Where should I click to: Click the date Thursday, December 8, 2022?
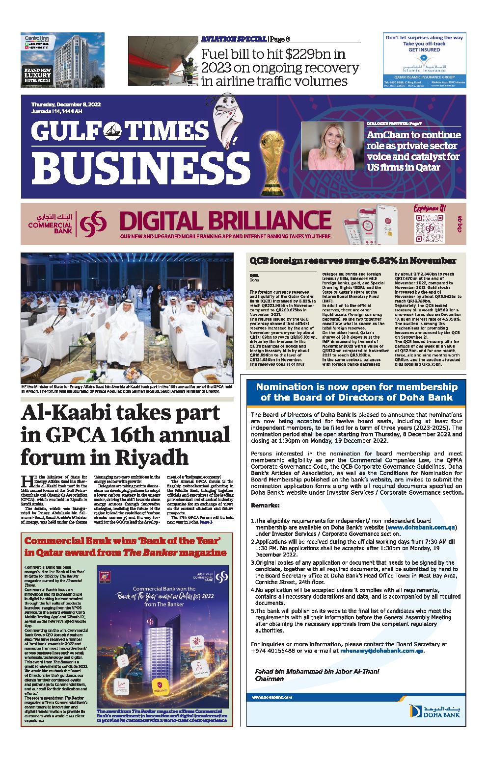click(x=66, y=105)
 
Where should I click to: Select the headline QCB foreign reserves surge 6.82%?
click(x=353, y=260)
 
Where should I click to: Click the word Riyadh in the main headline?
click(x=152, y=456)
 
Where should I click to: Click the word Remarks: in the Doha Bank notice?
click(x=265, y=505)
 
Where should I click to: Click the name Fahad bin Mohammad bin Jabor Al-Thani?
click(x=317, y=671)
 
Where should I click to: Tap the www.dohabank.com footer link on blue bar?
click(x=272, y=697)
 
